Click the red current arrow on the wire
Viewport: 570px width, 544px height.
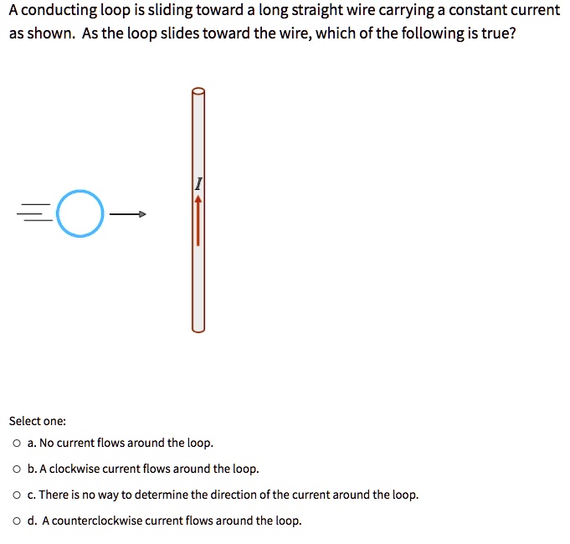click(198, 221)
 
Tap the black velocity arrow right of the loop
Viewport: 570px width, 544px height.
click(128, 215)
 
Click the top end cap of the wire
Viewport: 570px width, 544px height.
click(198, 92)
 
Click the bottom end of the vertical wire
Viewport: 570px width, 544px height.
click(198, 326)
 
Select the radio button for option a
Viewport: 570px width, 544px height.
click(17, 444)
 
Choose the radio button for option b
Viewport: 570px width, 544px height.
click(17, 469)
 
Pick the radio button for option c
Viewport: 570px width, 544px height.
click(17, 495)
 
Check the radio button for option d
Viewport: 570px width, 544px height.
click(17, 521)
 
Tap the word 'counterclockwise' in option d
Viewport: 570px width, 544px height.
click(92, 521)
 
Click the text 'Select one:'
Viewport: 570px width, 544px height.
click(37, 421)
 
